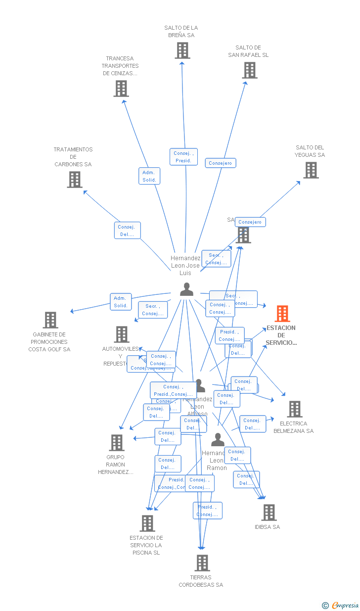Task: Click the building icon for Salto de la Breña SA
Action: pyautogui.click(x=182, y=50)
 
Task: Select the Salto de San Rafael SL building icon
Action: pyautogui.click(x=250, y=70)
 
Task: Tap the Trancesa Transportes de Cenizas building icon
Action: pyautogui.click(x=121, y=89)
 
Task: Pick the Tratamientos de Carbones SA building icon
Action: pyautogui.click(x=75, y=180)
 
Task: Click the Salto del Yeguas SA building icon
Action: pyautogui.click(x=311, y=170)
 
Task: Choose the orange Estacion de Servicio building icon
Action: pyautogui.click(x=282, y=314)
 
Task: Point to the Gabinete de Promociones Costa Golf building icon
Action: pyautogui.click(x=50, y=320)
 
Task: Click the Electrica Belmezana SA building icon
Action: pyautogui.click(x=295, y=409)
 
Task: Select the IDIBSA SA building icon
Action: pyautogui.click(x=269, y=513)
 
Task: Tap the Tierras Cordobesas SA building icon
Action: pyautogui.click(x=202, y=563)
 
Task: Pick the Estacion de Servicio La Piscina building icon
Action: pyautogui.click(x=147, y=523)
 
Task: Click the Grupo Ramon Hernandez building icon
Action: pyautogui.click(x=117, y=443)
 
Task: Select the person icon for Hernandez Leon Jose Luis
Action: pyautogui.click(x=186, y=289)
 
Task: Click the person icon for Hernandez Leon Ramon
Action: pyautogui.click(x=218, y=439)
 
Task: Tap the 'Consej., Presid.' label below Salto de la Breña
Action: pyautogui.click(x=183, y=157)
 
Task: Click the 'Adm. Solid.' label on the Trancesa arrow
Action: pyautogui.click(x=149, y=176)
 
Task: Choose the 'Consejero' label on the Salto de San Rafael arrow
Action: pyautogui.click(x=221, y=163)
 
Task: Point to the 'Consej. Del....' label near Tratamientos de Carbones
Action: pyautogui.click(x=128, y=231)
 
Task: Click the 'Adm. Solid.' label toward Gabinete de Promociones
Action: pyautogui.click(x=121, y=302)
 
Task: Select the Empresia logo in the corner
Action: pyautogui.click(x=341, y=605)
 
